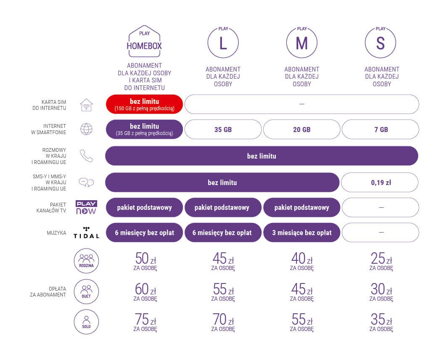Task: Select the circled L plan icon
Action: [223, 43]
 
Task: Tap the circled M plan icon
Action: [302, 43]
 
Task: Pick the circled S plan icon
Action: [380, 43]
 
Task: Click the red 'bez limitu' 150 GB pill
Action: [144, 104]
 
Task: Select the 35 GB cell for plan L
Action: [223, 130]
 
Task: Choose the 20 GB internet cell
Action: [302, 130]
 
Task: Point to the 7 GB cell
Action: [381, 130]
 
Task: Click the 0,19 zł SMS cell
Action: [381, 183]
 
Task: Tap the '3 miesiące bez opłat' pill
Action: [302, 233]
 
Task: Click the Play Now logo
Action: [86, 207]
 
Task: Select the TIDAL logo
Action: [86, 233]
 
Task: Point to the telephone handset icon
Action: [86, 156]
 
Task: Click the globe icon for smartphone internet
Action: [86, 130]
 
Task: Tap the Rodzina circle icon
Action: [86, 261]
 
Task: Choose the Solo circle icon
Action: [86, 322]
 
